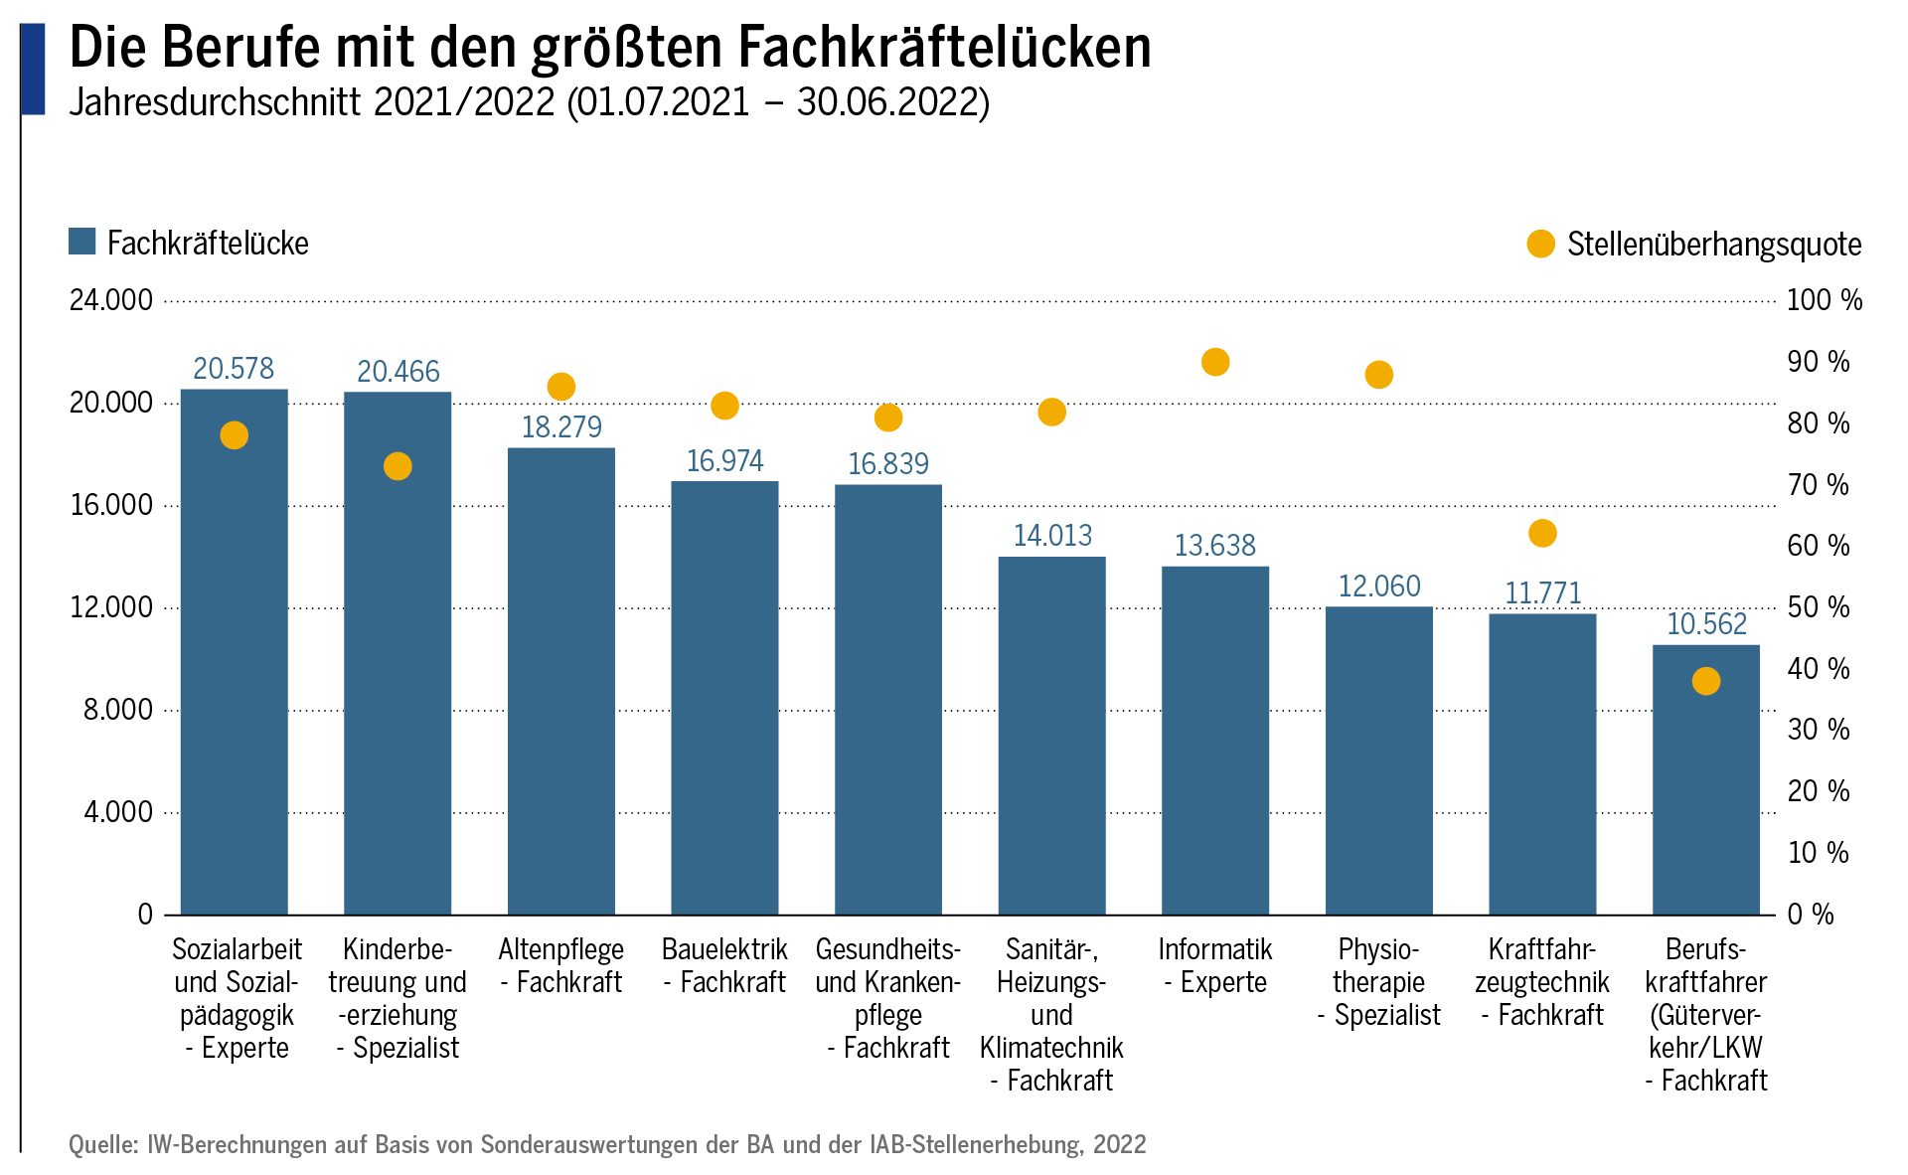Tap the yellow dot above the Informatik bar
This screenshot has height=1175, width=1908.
tap(1214, 362)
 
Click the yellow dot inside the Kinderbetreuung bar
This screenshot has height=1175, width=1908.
tap(397, 466)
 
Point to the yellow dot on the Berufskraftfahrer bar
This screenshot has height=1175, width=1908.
tap(1705, 681)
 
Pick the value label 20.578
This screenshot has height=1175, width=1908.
tap(234, 369)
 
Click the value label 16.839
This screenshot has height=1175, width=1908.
tap(887, 464)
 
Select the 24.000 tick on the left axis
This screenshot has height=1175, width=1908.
tap(111, 300)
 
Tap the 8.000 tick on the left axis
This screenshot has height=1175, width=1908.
tap(118, 710)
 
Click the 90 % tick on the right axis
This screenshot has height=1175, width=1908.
tap(1818, 362)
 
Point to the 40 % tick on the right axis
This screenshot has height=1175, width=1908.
tap(1818, 669)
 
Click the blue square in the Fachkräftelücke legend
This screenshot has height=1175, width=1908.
tap(81, 242)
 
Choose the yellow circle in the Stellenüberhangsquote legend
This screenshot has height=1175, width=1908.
tap(1540, 244)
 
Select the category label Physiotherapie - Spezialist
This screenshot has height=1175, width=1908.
tap(1378, 982)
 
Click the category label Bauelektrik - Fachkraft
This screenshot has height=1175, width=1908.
tap(724, 965)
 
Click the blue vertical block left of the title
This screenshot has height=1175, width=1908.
tap(33, 70)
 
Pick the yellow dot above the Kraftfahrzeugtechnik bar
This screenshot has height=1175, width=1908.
tap(1541, 534)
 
